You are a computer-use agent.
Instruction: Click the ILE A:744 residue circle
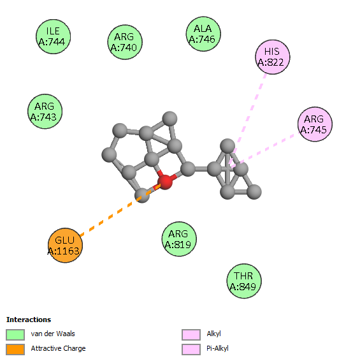coord(53,36)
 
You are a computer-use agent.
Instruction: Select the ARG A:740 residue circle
coord(125,42)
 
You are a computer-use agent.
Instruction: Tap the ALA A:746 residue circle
coord(203,34)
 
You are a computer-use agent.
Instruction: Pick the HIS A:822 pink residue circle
coord(273,57)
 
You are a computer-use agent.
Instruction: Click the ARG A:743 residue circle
coord(45,112)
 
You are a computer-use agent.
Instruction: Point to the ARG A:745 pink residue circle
coord(315,124)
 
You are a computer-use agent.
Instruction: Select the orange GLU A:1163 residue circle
coord(65,245)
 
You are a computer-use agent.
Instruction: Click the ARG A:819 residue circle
coord(179,239)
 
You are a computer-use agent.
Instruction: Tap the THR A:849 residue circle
coord(244,281)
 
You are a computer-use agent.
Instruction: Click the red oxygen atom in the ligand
coord(165,182)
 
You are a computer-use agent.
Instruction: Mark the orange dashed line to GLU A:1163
coord(120,210)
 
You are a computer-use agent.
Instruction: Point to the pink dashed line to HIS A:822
coord(248,119)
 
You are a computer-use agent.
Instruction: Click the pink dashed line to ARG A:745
coord(265,150)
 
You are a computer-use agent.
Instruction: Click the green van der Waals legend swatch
coord(15,334)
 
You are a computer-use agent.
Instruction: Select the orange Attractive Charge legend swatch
coord(15,350)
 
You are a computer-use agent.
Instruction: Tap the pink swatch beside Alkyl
coord(191,334)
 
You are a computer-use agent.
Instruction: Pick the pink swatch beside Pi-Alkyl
coord(191,350)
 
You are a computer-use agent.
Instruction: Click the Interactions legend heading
coord(29,320)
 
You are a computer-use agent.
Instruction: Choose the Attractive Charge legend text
coord(58,349)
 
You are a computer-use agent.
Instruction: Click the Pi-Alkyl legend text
coord(217,349)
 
